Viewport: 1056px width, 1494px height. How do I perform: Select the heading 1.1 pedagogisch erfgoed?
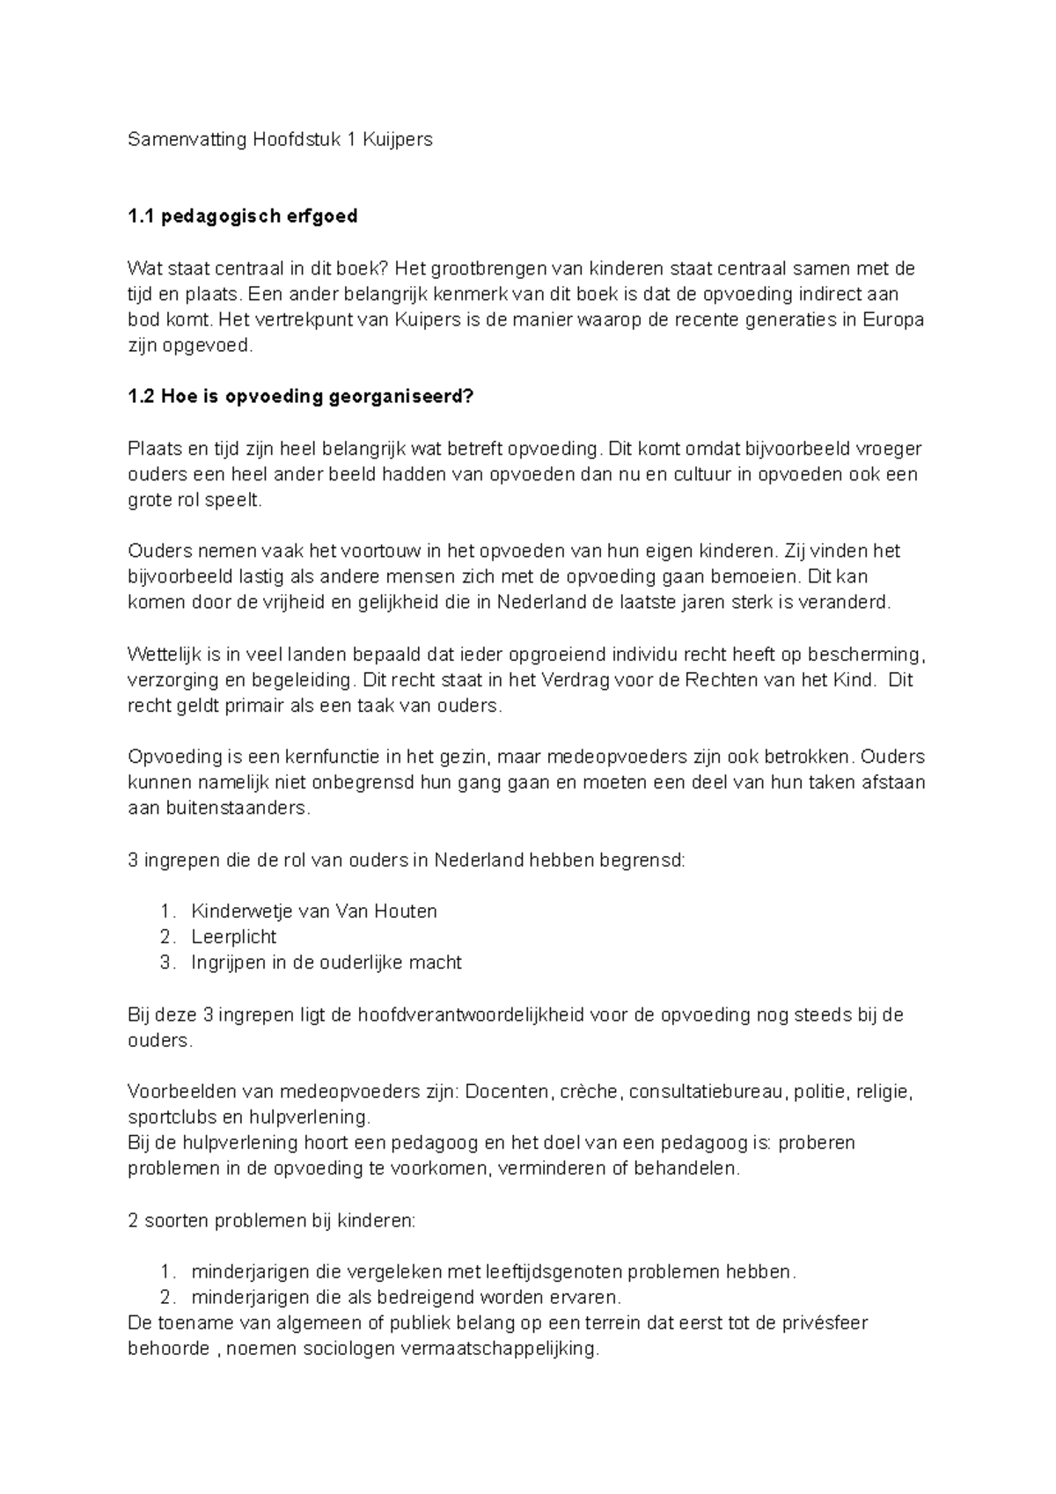point(243,216)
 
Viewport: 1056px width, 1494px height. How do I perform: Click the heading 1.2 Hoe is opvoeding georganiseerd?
point(301,397)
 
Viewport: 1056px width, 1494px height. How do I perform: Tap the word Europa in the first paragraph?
point(895,320)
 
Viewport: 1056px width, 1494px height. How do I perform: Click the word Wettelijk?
point(164,655)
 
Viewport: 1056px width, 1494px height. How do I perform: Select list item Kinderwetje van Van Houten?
point(314,912)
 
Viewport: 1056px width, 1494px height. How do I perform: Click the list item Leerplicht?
point(234,937)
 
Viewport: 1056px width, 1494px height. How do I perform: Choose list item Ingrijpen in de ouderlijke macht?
point(326,963)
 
